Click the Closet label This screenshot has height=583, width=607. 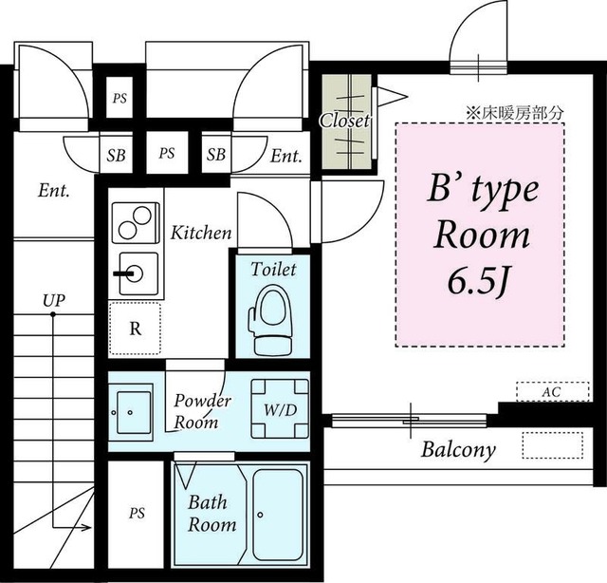[x=344, y=121]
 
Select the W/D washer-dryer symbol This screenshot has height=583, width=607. [x=280, y=408]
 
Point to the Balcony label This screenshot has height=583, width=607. [x=458, y=449]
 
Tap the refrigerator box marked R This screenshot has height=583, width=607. [x=135, y=329]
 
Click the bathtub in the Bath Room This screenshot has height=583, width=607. [x=280, y=511]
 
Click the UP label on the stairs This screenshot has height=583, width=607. [x=53, y=300]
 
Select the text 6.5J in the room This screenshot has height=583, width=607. [x=479, y=282]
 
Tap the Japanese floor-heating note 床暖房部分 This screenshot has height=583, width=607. [x=514, y=112]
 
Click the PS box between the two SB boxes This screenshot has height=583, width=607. [x=167, y=153]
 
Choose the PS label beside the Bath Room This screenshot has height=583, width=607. [x=137, y=514]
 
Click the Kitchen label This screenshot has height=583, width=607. [x=200, y=232]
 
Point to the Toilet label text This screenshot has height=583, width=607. [x=273, y=270]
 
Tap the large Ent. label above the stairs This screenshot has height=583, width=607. [x=54, y=191]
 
